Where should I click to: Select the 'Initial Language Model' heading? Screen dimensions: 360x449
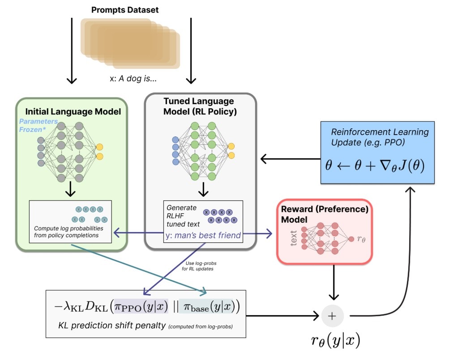pos(73,111)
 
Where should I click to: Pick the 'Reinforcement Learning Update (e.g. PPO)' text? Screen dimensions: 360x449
pos(380,137)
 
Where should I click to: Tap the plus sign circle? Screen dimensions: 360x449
pos(332,316)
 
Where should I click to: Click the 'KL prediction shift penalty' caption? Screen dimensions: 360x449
pos(112,326)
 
